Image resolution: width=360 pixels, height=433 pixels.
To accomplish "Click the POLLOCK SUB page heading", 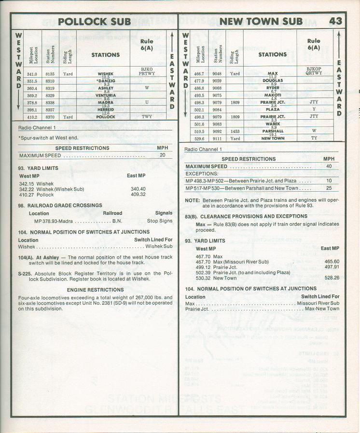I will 94,21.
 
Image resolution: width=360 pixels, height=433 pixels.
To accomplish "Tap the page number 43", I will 336,21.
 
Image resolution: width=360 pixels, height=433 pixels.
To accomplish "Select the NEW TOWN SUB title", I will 261,21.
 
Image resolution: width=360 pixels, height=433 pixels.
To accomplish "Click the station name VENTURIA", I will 106,95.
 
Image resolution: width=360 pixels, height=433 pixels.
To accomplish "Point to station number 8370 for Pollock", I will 50,117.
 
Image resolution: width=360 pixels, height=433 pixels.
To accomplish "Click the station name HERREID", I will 106,109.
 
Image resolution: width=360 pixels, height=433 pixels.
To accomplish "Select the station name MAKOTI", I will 273,95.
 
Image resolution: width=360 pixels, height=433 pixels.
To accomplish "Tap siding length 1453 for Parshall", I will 235,131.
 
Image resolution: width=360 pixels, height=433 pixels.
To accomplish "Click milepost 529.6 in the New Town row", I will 199,138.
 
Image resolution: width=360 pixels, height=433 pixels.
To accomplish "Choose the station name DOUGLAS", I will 273,81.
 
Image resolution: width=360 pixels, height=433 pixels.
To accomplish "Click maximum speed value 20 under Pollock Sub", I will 163,155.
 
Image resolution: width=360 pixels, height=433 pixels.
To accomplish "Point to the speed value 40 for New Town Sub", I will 329,167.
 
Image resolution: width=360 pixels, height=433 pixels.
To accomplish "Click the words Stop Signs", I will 160,221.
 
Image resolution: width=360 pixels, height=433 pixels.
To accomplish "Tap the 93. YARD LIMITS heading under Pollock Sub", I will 38,168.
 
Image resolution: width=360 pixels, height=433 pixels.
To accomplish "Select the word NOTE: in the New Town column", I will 192,200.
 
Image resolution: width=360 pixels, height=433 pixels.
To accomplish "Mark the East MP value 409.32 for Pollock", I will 138,195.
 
